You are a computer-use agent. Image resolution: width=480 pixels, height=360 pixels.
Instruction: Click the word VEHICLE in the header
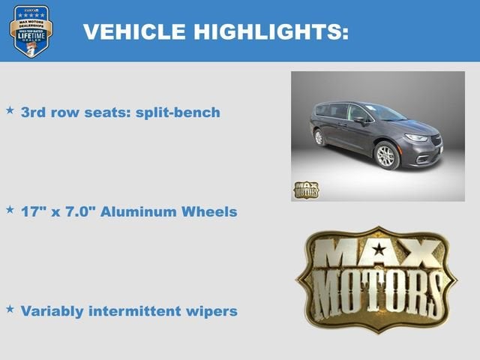coord(132,32)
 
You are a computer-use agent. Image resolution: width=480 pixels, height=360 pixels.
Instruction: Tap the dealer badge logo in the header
coord(31,31)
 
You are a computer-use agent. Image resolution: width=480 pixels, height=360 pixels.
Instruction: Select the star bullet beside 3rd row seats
coord(10,110)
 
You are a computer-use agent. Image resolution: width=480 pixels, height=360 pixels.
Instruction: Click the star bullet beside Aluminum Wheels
coord(10,210)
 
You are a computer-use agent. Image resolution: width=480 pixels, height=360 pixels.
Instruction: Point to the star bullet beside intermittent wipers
coord(10,308)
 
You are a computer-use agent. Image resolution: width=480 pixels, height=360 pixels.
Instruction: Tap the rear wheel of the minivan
coord(319,137)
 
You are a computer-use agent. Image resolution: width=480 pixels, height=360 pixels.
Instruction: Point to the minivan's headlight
coord(415,138)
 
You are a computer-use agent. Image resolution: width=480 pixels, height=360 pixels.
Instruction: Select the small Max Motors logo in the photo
coord(306,190)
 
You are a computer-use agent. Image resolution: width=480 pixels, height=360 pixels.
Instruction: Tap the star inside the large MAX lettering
coord(380,250)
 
